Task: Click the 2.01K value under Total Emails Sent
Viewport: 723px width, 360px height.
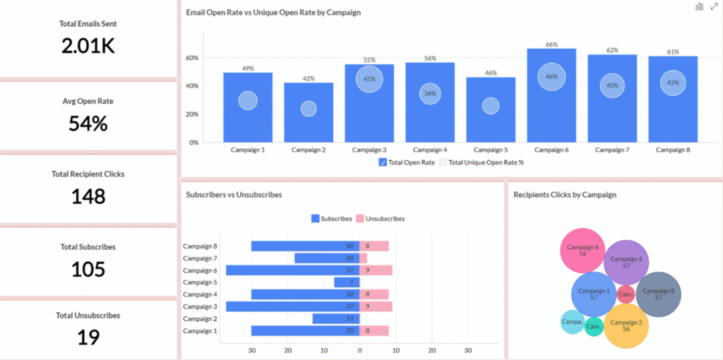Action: click(x=88, y=46)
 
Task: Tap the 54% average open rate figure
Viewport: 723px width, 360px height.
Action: click(x=88, y=124)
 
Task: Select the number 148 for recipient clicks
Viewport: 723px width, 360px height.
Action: click(x=88, y=196)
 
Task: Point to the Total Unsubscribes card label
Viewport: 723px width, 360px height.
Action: click(x=88, y=316)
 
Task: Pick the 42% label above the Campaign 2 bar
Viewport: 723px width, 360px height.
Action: click(x=309, y=78)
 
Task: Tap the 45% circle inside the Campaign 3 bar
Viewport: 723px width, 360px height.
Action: click(x=369, y=79)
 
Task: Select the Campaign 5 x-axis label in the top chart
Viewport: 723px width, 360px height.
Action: click(x=491, y=150)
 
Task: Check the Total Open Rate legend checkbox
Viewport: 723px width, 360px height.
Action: click(x=383, y=162)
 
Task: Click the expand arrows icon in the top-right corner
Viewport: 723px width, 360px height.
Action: click(x=714, y=6)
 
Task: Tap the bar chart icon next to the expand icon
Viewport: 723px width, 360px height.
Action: click(x=699, y=6)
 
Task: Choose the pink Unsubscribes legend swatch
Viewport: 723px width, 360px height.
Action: click(x=359, y=219)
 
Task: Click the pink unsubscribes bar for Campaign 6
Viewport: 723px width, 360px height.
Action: click(x=376, y=270)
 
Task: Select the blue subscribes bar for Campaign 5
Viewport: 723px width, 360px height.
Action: click(x=347, y=282)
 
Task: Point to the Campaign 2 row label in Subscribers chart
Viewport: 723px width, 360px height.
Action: click(x=201, y=318)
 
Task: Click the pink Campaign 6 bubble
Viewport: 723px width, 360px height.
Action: click(x=582, y=250)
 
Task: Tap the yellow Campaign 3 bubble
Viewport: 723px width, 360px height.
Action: click(x=626, y=325)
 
